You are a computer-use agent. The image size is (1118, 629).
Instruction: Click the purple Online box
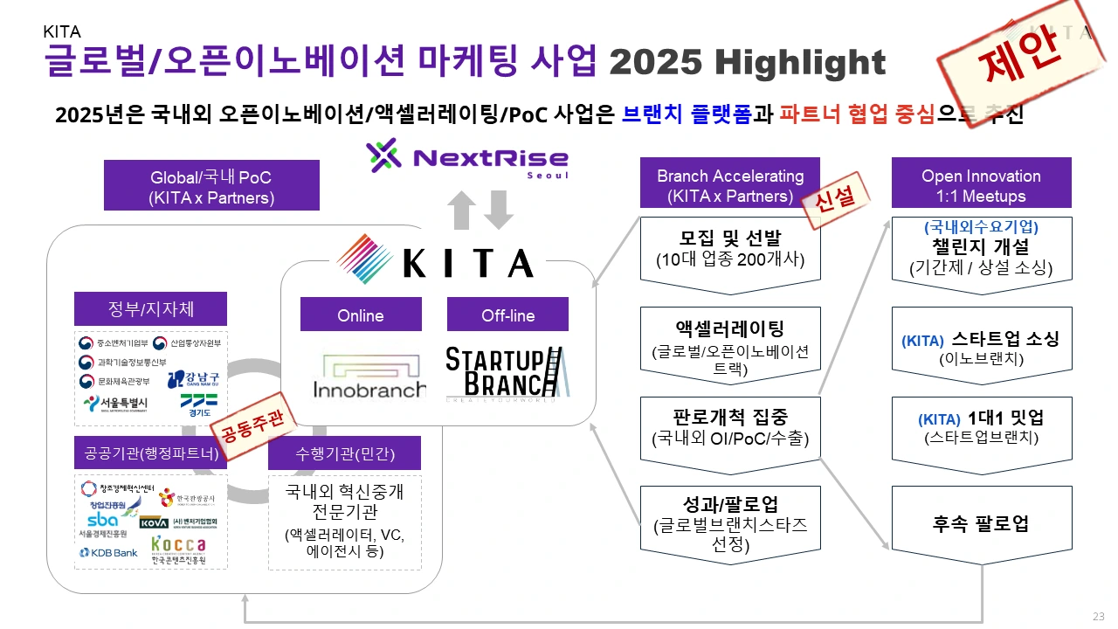[x=361, y=315]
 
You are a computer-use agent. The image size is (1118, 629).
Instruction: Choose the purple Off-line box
[x=507, y=315]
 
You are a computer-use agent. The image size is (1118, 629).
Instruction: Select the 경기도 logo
[x=198, y=404]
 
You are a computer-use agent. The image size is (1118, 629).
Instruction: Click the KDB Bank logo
[x=108, y=552]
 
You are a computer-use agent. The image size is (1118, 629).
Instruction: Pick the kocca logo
[x=178, y=549]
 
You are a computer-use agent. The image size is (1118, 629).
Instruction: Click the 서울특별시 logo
[x=115, y=404]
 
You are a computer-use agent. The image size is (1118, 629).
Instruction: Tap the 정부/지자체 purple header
[x=151, y=308]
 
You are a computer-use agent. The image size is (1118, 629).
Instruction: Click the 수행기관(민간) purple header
[x=344, y=453]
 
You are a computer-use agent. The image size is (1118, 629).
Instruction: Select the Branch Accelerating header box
[x=730, y=186]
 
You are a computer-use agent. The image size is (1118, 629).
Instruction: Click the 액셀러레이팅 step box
[x=730, y=344]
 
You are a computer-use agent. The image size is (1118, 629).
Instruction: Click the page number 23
[x=1099, y=615]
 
